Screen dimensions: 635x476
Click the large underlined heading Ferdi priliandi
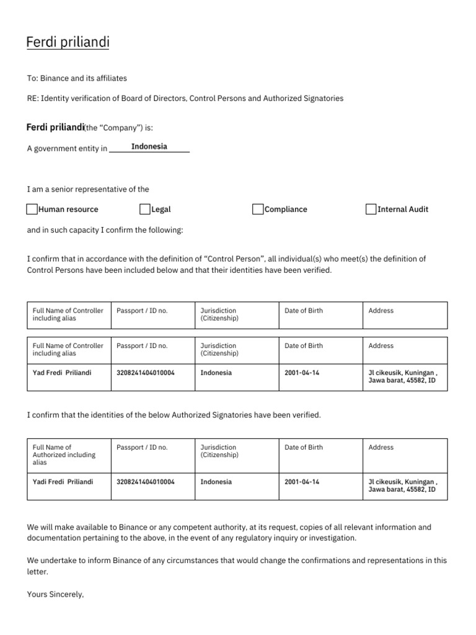68,43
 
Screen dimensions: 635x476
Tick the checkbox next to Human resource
32,209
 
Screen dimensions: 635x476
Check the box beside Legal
145,209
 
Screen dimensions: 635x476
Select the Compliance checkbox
258,209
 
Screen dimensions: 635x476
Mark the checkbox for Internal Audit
371,209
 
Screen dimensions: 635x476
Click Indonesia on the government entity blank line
149,147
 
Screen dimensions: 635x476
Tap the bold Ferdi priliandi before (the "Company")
55,127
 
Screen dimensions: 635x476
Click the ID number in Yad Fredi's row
146,373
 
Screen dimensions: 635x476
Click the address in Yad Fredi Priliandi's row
403,376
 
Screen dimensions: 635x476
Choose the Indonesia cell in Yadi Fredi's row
216,481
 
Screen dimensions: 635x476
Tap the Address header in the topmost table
381,311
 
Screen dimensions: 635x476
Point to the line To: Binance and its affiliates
77,78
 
